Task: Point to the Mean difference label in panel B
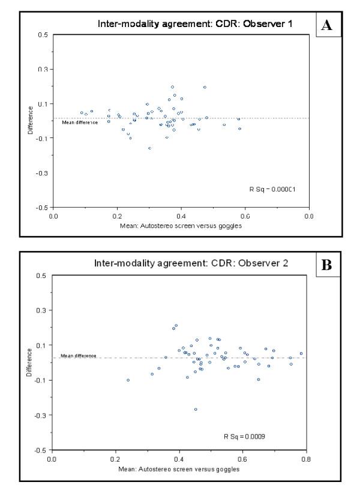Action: (x=79, y=356)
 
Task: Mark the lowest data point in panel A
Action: (x=149, y=148)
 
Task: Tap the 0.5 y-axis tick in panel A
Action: (x=44, y=35)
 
